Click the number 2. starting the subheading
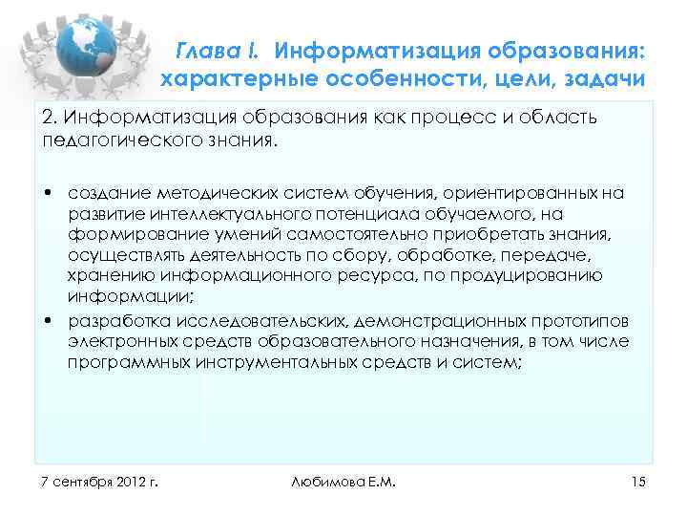tap(49, 118)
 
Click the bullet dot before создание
tap(47, 194)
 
